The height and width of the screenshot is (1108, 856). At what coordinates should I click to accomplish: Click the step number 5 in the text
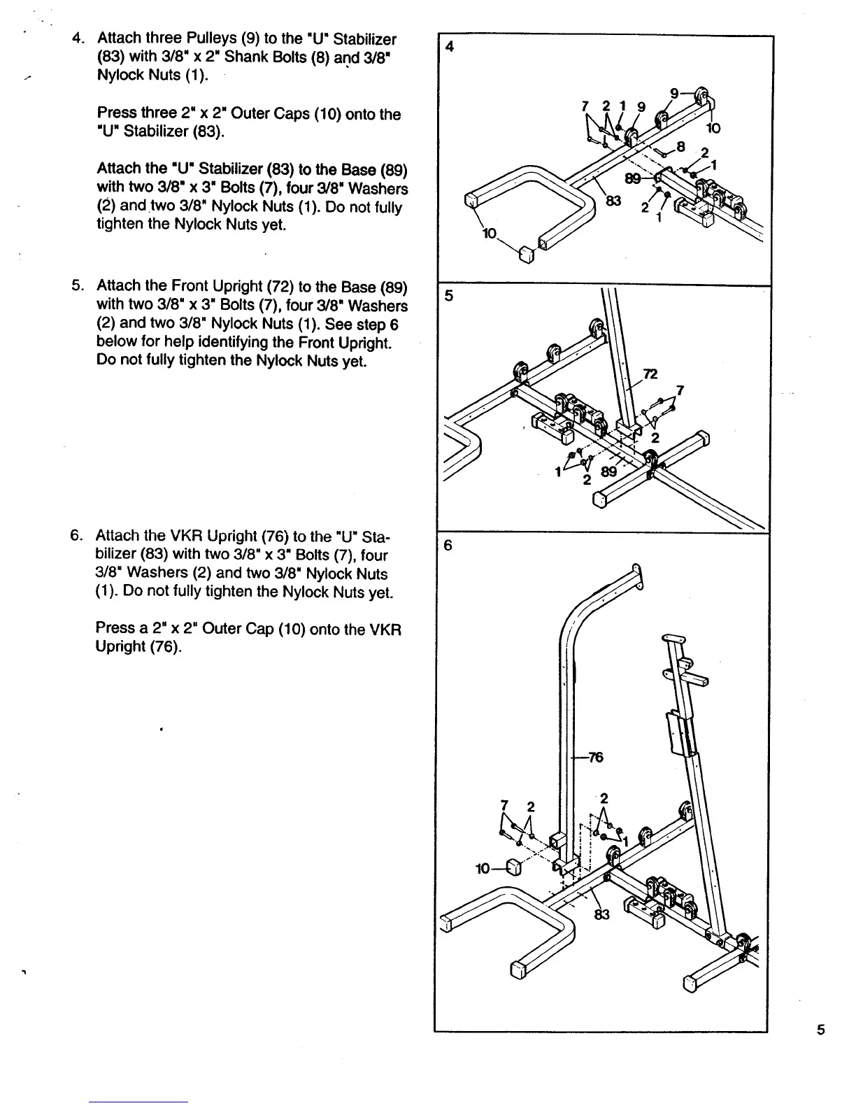click(x=77, y=286)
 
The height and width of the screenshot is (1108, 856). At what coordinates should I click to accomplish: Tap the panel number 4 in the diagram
click(x=450, y=47)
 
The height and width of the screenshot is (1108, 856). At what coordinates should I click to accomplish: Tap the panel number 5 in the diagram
click(x=450, y=296)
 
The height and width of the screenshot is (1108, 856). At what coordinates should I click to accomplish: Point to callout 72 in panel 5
click(x=650, y=374)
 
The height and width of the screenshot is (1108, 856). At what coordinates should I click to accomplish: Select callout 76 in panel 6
click(x=595, y=757)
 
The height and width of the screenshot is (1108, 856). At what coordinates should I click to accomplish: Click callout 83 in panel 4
click(x=613, y=201)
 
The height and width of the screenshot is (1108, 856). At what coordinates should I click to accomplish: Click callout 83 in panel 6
click(x=602, y=914)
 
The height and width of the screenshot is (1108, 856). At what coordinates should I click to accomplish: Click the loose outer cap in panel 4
click(x=525, y=254)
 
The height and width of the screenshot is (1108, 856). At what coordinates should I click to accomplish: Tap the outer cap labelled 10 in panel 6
click(x=514, y=867)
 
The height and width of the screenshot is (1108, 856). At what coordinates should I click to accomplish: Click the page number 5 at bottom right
click(x=821, y=1029)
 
